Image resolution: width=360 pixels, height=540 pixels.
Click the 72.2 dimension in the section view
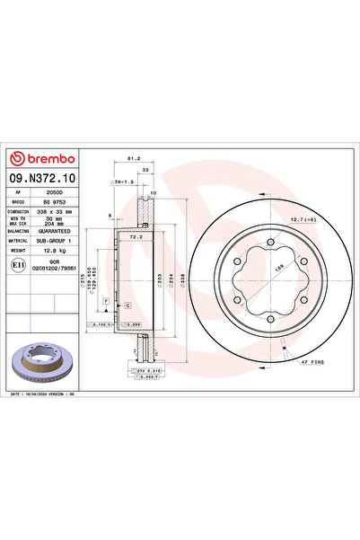point(133,237)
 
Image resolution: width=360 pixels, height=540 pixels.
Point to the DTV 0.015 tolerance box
point(145,370)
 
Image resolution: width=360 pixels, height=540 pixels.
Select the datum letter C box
point(127,307)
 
